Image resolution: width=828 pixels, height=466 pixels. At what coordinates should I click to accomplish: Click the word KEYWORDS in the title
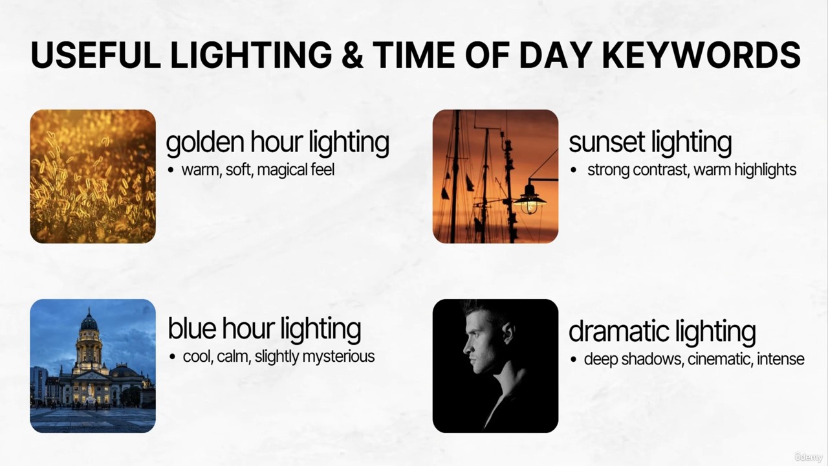[702, 55]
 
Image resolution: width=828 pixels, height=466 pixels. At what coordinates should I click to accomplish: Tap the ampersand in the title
[353, 55]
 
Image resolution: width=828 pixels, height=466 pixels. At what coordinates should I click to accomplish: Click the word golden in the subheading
[205, 143]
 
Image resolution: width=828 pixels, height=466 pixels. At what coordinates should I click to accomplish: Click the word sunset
[607, 142]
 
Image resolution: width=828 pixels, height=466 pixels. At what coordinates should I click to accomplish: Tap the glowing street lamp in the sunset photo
[529, 201]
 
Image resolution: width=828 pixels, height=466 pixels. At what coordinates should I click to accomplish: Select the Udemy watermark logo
[809, 457]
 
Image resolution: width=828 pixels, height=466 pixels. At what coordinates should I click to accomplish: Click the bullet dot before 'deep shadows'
[573, 359]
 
